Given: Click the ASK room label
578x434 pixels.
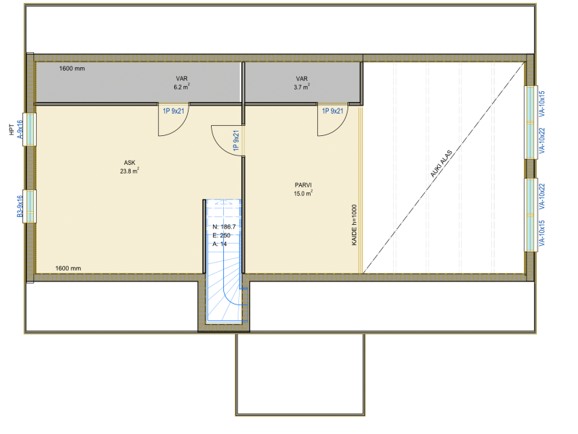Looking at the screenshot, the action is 129,163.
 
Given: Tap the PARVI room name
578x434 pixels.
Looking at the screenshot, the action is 303,185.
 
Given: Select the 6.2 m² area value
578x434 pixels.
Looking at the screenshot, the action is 182,87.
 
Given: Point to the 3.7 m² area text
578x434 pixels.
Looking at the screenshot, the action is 301,87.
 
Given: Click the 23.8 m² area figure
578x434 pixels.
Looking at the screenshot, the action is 129,171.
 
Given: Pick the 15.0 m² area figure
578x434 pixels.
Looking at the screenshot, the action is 303,193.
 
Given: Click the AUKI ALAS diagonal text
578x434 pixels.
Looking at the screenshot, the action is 441,163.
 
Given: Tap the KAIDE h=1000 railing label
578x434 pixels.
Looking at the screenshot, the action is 354,225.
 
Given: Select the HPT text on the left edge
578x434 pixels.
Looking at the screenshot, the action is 12,129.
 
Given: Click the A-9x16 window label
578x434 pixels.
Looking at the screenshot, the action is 20,129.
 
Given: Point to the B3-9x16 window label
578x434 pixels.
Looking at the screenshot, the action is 20,206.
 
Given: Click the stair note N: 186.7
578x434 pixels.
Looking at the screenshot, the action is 224,227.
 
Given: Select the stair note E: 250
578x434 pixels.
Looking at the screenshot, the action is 221,236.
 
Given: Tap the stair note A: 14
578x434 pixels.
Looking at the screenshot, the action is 220,244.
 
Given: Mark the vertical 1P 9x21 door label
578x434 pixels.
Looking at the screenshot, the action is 236,140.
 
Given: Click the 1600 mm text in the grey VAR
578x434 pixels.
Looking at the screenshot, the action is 72,69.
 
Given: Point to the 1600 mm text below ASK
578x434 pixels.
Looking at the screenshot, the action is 68,268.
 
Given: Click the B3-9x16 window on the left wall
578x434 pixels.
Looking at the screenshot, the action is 30,206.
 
